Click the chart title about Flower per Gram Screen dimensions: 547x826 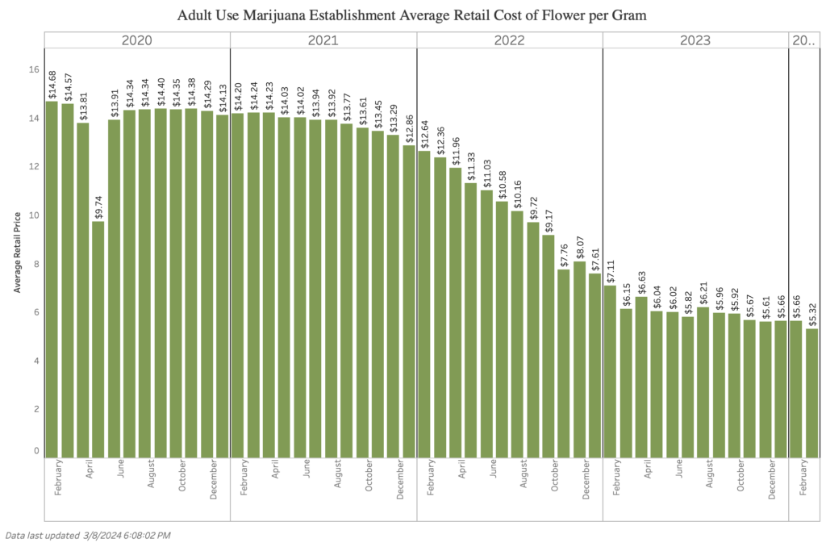point(413,15)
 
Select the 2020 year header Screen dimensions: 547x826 point(137,40)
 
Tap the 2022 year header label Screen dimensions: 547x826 point(509,40)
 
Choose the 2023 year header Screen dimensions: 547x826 point(695,40)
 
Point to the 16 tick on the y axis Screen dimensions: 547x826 point(34,70)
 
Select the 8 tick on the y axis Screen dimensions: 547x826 point(34,265)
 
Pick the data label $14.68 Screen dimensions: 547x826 point(52,86)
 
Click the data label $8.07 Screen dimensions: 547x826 point(579,245)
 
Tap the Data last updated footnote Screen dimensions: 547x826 point(88,535)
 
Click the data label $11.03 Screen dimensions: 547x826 point(486,174)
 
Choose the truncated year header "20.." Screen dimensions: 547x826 point(804,40)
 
